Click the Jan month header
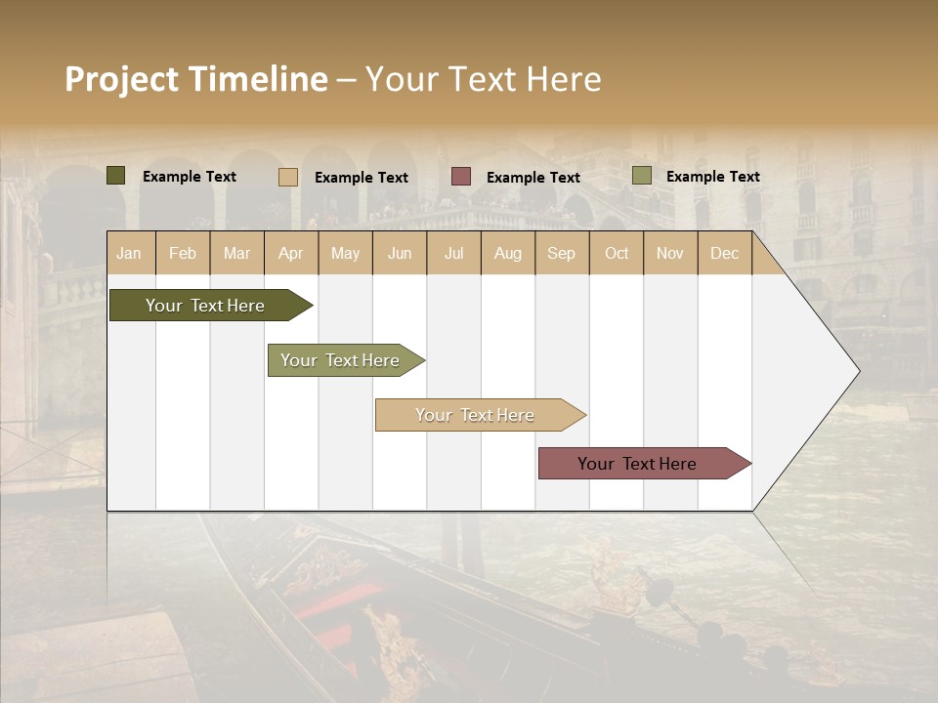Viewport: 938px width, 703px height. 130,253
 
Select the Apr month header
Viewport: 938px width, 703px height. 291,253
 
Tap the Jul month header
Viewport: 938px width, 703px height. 453,253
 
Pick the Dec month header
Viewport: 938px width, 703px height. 724,253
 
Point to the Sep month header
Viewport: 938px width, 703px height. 561,253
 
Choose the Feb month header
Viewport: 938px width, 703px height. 183,253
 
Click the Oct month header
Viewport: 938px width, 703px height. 617,253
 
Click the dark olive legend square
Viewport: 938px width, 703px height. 116,176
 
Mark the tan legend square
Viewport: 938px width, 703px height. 288,177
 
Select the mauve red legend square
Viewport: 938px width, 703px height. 461,176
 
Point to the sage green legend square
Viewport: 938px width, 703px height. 642,176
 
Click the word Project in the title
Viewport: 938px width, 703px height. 122,79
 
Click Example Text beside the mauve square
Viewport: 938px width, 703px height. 533,178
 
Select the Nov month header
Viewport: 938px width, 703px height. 670,253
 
